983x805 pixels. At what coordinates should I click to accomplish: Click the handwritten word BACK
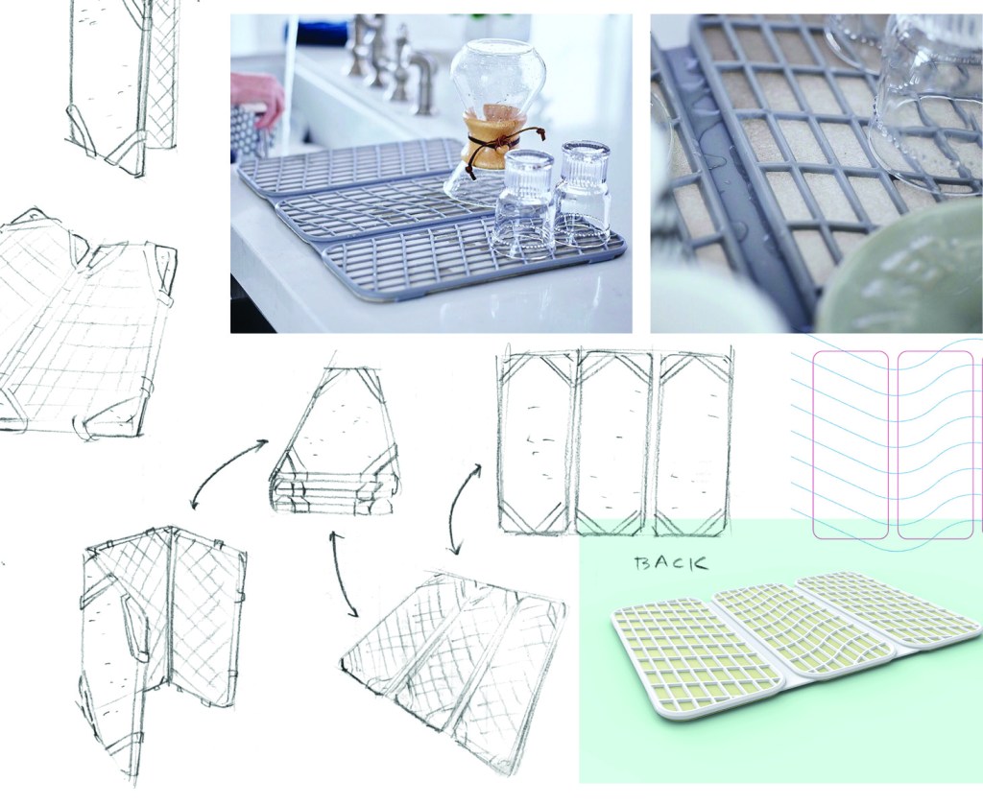click(x=671, y=562)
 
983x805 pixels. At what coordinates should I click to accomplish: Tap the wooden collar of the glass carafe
click(x=484, y=139)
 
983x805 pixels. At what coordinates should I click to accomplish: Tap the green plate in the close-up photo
click(x=901, y=270)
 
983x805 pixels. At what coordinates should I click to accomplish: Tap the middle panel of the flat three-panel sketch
click(x=612, y=442)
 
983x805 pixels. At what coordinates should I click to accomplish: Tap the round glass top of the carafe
click(x=497, y=75)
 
